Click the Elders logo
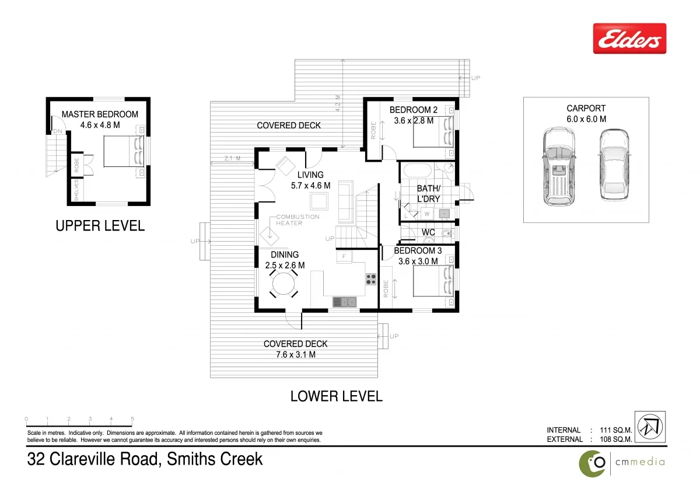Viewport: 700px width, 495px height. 629,39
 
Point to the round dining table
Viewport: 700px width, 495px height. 283,284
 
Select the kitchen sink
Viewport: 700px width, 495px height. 345,302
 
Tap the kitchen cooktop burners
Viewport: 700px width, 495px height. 371,279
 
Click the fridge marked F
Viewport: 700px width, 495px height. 344,256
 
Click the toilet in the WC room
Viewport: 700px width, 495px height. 447,233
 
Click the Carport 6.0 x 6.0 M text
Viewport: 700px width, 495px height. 586,113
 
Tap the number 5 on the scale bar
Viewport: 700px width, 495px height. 132,419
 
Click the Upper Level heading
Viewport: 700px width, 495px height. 100,226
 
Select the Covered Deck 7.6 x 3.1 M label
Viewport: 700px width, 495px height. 295,349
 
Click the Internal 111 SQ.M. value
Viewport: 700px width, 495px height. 616,430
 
